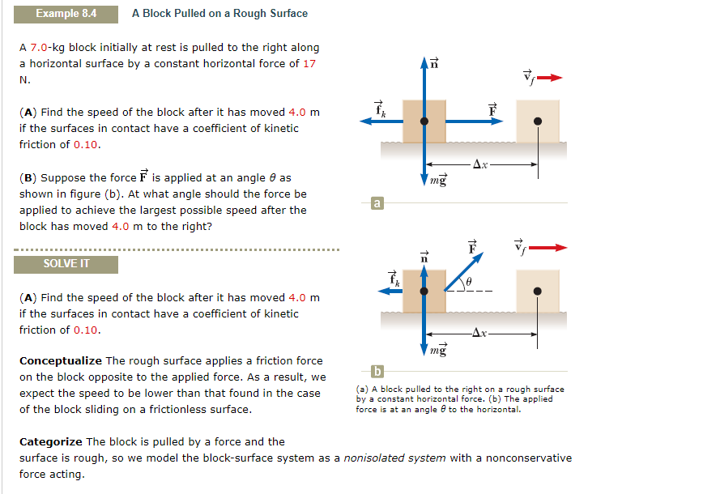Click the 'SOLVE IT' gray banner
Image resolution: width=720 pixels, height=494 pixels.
point(66,264)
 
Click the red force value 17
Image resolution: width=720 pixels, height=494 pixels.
point(309,64)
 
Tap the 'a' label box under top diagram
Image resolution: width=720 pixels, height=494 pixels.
point(376,202)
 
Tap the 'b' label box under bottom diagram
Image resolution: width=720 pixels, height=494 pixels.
point(376,372)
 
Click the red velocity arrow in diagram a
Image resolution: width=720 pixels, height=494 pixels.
point(550,78)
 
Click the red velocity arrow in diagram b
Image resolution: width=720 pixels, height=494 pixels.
point(550,247)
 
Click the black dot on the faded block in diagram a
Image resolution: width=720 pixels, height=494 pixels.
point(538,121)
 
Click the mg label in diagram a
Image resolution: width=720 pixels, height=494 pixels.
point(438,181)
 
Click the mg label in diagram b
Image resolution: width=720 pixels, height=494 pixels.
point(438,350)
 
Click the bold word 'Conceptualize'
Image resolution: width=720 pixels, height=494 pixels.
point(61,360)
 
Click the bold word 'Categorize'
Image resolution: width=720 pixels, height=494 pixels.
point(50,441)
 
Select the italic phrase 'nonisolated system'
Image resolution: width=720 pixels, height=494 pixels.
point(394,458)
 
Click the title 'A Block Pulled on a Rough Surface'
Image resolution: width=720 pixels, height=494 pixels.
point(219,13)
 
